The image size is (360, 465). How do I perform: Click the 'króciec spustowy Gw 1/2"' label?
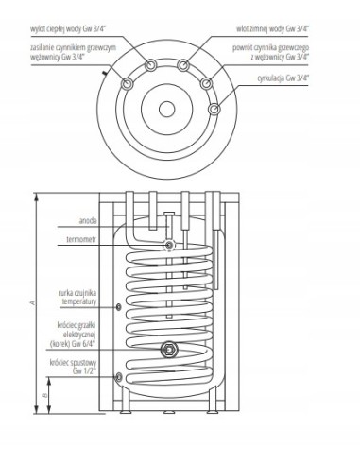click(x=82, y=368)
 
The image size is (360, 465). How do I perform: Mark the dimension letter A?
click(x=34, y=302)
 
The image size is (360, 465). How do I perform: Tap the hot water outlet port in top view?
click(x=153, y=65)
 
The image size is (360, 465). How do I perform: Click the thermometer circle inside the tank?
click(x=168, y=246)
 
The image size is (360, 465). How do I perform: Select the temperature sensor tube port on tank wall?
click(x=115, y=306)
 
